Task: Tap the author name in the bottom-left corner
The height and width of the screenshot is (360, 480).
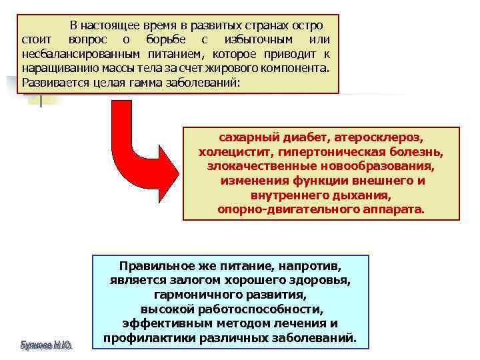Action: [x=47, y=345]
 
